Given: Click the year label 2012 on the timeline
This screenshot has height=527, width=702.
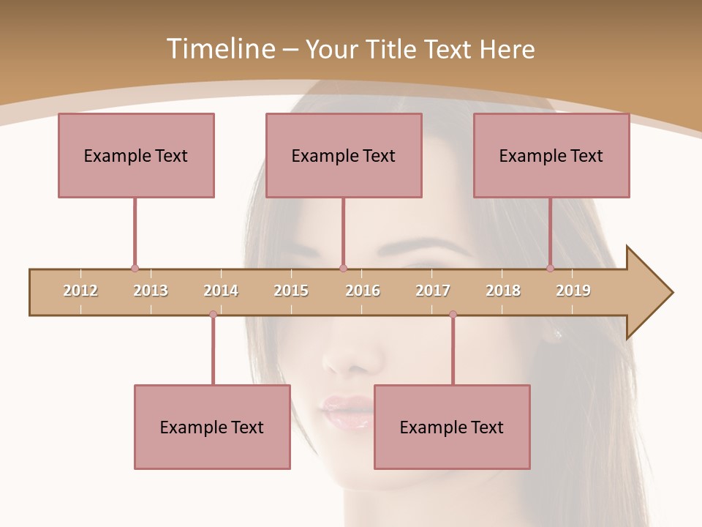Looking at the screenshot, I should point(80,291).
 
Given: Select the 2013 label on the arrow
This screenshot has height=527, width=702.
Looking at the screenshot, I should point(151,291).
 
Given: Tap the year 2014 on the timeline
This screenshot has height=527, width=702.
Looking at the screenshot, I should point(221,291).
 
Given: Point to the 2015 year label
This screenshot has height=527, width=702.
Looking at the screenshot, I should point(291,291).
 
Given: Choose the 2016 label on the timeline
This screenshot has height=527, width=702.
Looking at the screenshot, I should point(363,291).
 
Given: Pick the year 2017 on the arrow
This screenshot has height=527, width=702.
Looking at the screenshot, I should point(433,291).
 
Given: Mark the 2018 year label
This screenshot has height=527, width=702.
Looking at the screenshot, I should point(503,291).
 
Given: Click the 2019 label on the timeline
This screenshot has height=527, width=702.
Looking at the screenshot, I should point(573,291).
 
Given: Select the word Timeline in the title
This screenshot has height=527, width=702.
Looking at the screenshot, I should point(219,49).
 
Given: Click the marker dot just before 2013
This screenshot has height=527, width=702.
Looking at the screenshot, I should point(135,269).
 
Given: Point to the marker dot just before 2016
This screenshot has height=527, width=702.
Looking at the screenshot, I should point(343,269).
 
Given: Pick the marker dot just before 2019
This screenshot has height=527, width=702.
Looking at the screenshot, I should point(551,269).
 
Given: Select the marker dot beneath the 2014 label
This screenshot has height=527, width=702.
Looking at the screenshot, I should point(213,315).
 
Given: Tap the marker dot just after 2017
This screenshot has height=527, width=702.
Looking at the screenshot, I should point(453,315).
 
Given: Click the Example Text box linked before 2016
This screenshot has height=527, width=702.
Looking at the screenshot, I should point(344,155).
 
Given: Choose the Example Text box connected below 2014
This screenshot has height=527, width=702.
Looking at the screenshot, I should point(212,427).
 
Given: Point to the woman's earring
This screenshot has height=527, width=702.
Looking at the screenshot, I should point(558,334).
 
